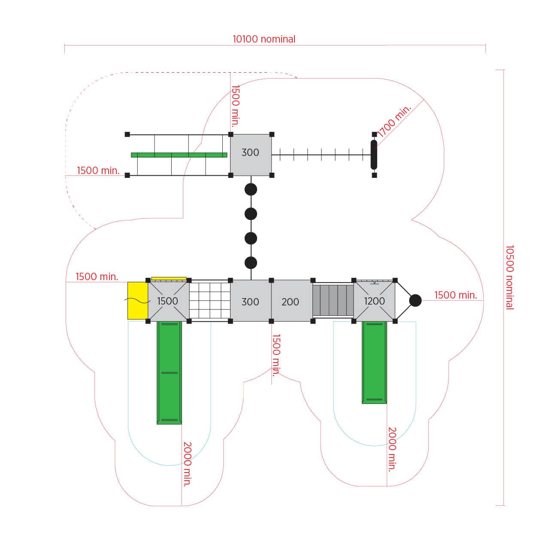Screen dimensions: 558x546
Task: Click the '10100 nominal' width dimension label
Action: click(264, 39)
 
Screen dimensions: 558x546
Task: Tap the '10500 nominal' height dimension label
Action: click(509, 277)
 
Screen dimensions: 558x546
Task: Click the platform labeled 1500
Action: click(168, 301)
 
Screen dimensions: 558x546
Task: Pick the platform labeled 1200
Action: click(374, 301)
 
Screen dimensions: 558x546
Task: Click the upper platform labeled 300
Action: click(251, 155)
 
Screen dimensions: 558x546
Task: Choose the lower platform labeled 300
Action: click(251, 301)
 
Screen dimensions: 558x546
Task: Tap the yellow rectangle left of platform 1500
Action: click(138, 300)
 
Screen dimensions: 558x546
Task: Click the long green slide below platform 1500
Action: click(169, 373)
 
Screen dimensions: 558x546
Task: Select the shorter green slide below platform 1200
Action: click(374, 363)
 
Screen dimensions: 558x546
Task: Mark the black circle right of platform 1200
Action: click(415, 300)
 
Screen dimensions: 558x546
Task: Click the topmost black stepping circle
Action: click(251, 189)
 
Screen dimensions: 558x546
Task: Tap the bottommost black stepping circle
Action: click(251, 263)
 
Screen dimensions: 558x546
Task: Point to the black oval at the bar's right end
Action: click(374, 155)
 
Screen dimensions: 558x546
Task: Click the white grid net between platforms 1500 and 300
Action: click(210, 301)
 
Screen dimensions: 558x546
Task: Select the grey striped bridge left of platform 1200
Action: click(333, 301)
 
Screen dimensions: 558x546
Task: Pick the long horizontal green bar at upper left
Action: click(179, 155)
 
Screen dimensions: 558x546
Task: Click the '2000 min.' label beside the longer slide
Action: click(187, 464)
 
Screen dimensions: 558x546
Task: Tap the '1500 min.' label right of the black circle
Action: click(456, 295)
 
